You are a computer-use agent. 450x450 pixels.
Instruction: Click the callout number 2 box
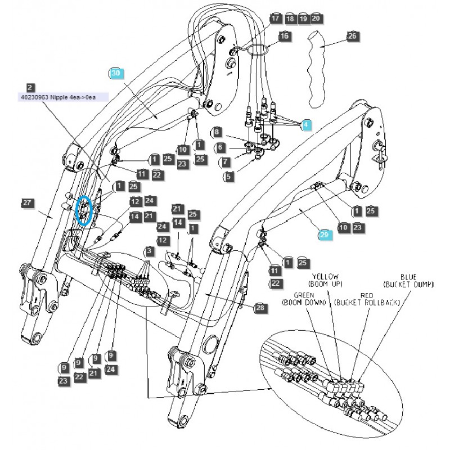click(30, 88)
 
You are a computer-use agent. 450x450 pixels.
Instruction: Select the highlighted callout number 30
click(116, 74)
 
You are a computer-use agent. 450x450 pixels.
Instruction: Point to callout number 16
click(284, 35)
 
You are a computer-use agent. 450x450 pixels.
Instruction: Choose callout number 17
click(275, 19)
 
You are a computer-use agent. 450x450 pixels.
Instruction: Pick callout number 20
click(316, 19)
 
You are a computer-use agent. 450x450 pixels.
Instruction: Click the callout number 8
click(217, 132)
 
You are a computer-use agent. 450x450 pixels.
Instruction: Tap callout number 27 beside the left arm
click(26, 202)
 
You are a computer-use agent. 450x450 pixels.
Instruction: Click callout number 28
click(259, 308)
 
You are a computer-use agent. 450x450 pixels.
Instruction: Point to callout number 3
click(149, 250)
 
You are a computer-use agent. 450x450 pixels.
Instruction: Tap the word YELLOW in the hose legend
click(326, 276)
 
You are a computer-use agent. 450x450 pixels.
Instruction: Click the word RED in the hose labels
click(367, 295)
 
